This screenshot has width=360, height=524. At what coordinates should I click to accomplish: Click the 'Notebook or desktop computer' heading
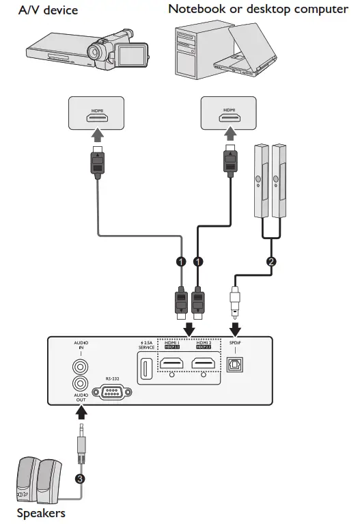(x=258, y=9)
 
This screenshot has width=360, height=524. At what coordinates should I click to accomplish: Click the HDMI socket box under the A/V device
(x=96, y=113)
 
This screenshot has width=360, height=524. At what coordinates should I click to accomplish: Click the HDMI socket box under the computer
(x=230, y=113)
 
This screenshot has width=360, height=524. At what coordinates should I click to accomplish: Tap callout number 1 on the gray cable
(x=181, y=262)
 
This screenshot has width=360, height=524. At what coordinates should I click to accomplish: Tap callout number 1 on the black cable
(x=198, y=262)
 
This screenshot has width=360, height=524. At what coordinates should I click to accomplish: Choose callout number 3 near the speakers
(x=81, y=479)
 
